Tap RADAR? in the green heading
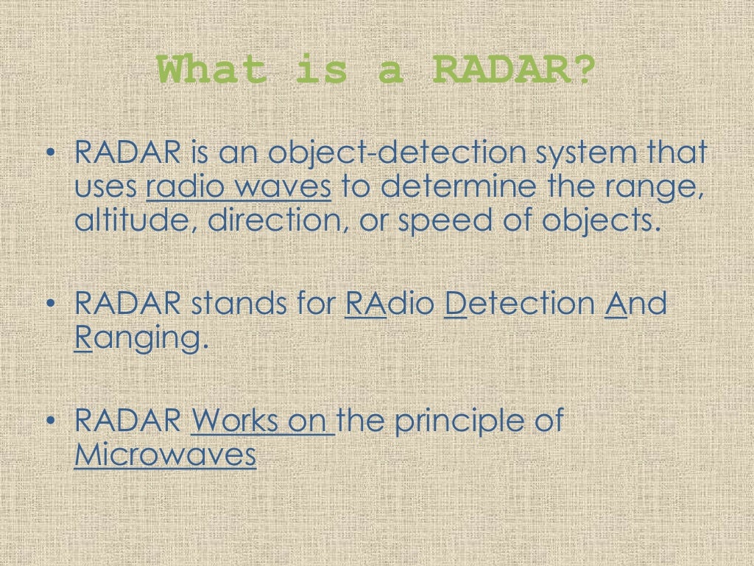pos(512,71)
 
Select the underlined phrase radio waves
pos(239,188)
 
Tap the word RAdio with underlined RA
pos(390,303)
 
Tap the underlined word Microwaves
pos(166,455)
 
